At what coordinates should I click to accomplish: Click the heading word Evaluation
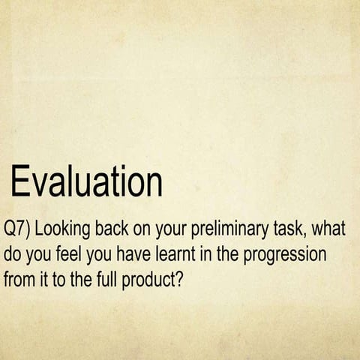(87, 182)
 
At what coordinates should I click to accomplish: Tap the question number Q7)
(17, 228)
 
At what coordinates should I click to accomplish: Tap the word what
(331, 228)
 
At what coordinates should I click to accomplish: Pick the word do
(13, 254)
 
